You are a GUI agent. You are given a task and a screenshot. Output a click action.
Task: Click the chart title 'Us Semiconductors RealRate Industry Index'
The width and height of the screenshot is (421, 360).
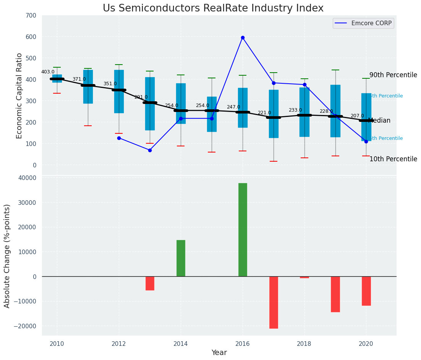[x=213, y=8]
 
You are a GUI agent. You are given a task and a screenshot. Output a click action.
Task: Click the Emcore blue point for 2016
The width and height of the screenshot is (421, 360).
[x=243, y=38]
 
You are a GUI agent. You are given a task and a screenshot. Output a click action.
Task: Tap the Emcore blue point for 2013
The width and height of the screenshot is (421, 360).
[x=150, y=150]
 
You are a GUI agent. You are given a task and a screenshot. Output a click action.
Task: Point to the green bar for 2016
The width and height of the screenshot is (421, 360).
[x=243, y=229]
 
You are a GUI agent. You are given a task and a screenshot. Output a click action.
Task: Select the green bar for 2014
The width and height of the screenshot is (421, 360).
[x=181, y=258]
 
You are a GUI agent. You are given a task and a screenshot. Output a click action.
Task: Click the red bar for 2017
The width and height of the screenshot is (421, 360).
[x=274, y=302]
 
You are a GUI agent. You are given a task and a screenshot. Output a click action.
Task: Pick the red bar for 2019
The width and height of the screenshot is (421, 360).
[x=335, y=294]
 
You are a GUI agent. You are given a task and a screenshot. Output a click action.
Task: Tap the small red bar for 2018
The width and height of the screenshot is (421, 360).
[x=304, y=277]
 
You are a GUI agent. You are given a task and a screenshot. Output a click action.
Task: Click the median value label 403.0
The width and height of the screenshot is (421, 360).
[x=48, y=72]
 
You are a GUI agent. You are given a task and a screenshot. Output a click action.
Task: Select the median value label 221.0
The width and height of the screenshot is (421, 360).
[x=264, y=113]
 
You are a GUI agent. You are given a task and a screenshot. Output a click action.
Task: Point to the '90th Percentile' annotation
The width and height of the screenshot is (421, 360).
[x=393, y=75]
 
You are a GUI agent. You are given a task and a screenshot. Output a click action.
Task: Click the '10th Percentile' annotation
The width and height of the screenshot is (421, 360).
[x=393, y=159]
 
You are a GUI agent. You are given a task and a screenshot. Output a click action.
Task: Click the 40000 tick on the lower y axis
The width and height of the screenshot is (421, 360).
[x=26, y=178]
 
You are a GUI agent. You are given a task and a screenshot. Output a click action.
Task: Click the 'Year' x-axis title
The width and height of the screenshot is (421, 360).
[x=219, y=353]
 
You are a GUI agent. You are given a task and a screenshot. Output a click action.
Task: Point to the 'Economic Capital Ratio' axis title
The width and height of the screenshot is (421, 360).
[x=20, y=96]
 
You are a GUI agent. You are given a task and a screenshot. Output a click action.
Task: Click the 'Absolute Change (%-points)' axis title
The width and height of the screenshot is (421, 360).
[x=7, y=256]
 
